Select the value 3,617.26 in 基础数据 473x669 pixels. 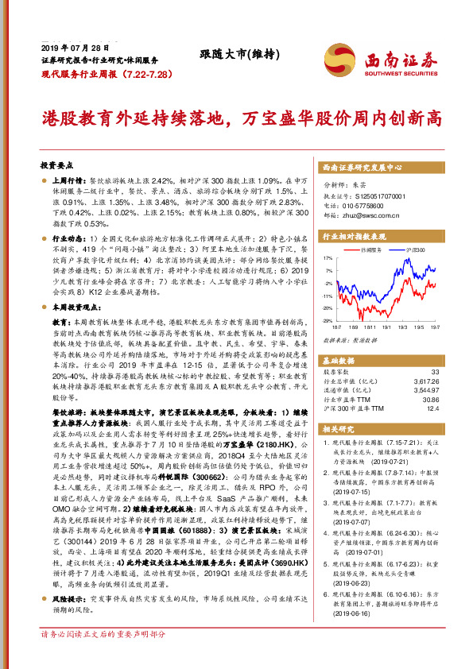point(423,381)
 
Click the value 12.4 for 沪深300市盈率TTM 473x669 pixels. point(432,409)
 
